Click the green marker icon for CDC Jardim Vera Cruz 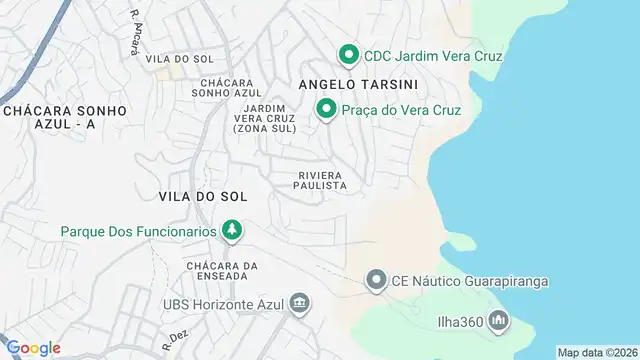click(348, 54)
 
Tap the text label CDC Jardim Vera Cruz click(432, 55)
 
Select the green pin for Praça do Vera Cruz click(326, 109)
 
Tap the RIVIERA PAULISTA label click(322, 180)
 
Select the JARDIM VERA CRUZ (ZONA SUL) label click(264, 118)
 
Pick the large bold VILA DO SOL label click(201, 196)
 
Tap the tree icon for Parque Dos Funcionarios click(232, 231)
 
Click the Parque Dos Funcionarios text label click(139, 231)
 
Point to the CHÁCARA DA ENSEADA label click(222, 271)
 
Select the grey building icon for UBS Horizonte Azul click(298, 303)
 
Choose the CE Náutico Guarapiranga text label click(470, 280)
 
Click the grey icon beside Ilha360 click(498, 321)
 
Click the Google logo click(33, 347)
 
